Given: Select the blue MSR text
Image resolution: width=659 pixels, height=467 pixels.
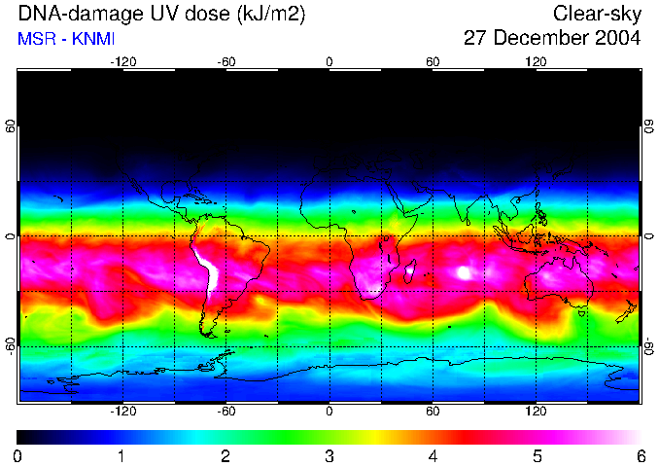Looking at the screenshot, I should tap(36, 40).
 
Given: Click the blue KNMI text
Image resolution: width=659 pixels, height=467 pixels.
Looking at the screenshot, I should tap(90, 40).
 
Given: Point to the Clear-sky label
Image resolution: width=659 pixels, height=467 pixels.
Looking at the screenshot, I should tap(597, 15).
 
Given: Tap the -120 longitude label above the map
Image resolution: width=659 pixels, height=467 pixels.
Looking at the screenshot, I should tap(122, 61).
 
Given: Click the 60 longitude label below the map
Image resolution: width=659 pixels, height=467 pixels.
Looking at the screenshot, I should tap(433, 411).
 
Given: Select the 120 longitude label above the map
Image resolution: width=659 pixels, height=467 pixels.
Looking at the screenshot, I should tap(536, 61).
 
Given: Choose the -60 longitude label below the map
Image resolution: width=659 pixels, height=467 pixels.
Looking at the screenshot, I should tap(226, 411).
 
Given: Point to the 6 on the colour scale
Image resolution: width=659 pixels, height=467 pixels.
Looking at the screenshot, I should tap(641, 455).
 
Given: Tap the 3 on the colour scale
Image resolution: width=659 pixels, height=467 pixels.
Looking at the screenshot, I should tap(329, 455).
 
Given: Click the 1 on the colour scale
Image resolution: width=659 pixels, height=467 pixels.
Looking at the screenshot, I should tap(121, 455).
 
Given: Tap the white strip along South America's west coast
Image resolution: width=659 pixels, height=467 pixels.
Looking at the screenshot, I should tap(206, 265).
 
